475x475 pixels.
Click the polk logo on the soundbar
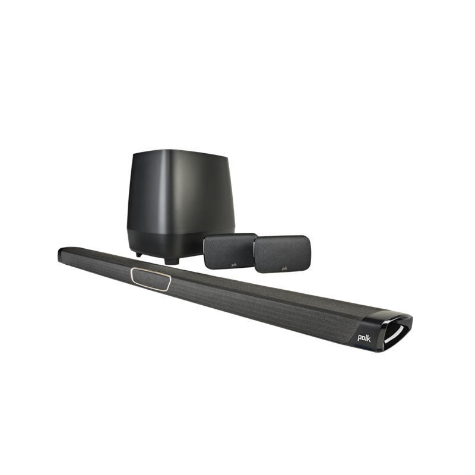(x=364, y=338)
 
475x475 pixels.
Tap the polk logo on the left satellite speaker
(x=234, y=265)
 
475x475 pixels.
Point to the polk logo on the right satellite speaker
(x=284, y=268)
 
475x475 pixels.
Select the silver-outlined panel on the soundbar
(x=151, y=279)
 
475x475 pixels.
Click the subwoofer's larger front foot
(x=172, y=261)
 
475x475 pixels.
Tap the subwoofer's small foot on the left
(x=139, y=255)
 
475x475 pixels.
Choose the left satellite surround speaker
(x=230, y=251)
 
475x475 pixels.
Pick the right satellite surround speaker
(x=281, y=254)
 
